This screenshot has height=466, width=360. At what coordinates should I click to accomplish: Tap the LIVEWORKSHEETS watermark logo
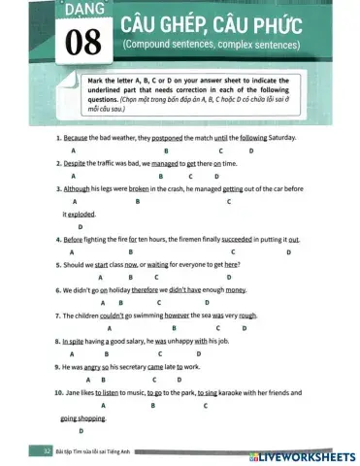pos(300,454)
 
